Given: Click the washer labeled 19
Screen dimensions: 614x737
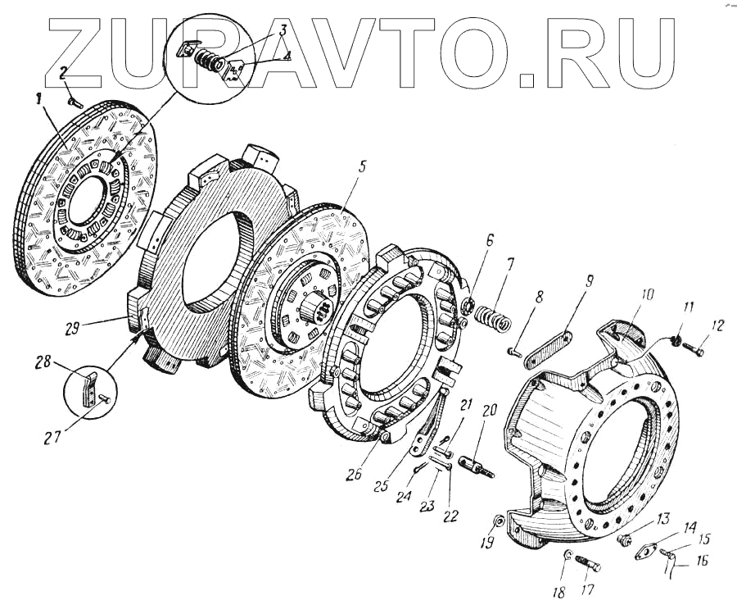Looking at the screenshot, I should pyautogui.click(x=499, y=522).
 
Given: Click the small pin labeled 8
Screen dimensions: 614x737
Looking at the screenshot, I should pyautogui.click(x=513, y=351).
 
